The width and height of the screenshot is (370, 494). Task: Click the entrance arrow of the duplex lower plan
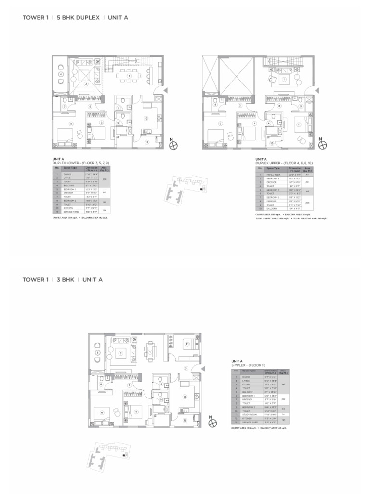click(166, 90)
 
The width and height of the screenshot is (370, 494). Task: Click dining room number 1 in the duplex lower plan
click(129, 76)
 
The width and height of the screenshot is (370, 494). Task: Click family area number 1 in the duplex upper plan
click(284, 79)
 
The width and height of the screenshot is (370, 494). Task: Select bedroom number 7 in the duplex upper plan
click(299, 124)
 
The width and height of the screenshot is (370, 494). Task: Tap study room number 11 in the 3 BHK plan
click(187, 344)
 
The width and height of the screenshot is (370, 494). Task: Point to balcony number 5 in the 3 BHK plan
click(97, 353)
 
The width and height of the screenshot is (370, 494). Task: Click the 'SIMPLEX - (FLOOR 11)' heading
click(248, 365)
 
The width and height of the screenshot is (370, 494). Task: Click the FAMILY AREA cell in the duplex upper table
click(273, 175)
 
